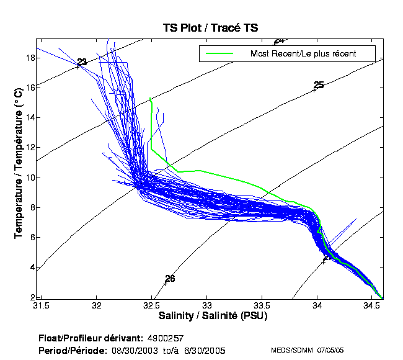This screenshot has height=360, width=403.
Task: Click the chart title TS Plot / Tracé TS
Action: coord(210,27)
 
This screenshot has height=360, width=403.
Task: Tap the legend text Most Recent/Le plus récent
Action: coord(303,53)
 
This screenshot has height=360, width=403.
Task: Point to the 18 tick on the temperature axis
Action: coord(29,58)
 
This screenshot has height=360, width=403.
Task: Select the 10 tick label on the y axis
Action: coord(29,177)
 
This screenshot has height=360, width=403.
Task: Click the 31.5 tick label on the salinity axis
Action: coord(41,306)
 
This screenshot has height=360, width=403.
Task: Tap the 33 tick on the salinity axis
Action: coord(206,306)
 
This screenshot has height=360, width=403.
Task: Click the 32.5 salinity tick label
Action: coord(151,306)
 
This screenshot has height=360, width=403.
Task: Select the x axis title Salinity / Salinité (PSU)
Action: coord(210,317)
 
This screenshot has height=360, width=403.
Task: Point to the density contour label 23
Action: coord(81,62)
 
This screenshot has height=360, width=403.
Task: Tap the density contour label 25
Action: coord(319,85)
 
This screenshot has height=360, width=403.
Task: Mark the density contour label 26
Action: coord(170,279)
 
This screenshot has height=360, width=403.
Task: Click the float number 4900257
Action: coord(166,339)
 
